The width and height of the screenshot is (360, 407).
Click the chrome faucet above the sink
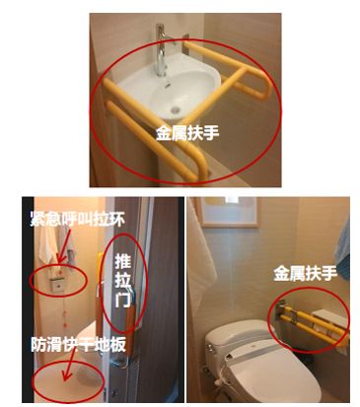point(161,52)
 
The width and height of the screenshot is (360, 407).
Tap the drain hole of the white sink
point(176,109)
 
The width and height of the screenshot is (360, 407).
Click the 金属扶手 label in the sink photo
point(187,134)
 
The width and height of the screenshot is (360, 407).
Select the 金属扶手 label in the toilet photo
point(305,274)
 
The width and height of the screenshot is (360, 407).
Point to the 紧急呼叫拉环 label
point(78,219)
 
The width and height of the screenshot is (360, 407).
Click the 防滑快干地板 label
point(79,344)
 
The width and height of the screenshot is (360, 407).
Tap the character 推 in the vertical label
point(122,261)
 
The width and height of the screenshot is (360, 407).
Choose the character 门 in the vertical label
point(122,300)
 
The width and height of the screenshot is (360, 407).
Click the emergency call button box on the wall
point(59,285)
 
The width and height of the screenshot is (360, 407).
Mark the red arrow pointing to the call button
point(64,245)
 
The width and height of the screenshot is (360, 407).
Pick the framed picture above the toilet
point(230,212)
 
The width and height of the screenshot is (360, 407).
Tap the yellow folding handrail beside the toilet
point(312,322)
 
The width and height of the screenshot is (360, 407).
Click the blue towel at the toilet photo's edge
point(343,249)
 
